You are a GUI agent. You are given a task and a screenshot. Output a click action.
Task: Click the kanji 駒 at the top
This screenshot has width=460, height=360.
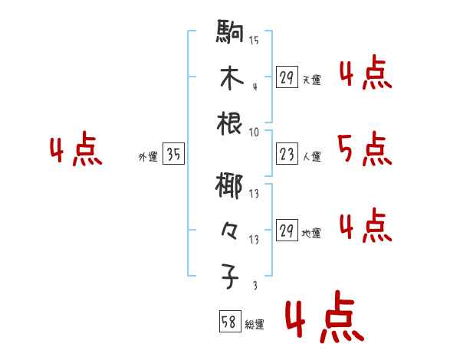click(x=230, y=34)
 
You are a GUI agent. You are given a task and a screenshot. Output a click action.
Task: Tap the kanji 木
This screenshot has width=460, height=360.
click(x=230, y=79)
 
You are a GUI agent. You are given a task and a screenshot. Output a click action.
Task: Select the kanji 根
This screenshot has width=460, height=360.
click(x=230, y=124)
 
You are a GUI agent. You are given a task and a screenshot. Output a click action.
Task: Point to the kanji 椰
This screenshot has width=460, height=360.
click(x=230, y=186)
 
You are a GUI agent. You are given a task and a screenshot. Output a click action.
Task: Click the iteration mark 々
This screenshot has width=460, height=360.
click(x=230, y=231)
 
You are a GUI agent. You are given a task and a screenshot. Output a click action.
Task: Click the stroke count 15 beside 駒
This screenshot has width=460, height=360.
click(x=254, y=41)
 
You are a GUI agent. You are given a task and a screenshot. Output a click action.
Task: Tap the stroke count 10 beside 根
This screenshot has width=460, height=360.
click(x=254, y=132)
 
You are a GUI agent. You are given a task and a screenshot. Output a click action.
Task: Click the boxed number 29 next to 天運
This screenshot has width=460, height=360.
click(x=286, y=77)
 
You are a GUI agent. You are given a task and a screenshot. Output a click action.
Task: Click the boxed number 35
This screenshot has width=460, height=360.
click(x=173, y=155)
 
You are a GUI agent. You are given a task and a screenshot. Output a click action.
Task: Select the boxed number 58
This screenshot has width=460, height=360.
click(x=230, y=322)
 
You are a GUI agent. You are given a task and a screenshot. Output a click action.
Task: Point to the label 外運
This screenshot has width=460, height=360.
click(x=147, y=156)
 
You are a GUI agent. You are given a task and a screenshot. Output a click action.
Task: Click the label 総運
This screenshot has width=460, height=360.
click(x=255, y=325)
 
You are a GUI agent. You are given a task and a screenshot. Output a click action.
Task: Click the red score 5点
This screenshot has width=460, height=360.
click(x=363, y=149)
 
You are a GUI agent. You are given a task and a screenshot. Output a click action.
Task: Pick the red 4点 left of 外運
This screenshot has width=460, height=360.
click(x=75, y=151)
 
